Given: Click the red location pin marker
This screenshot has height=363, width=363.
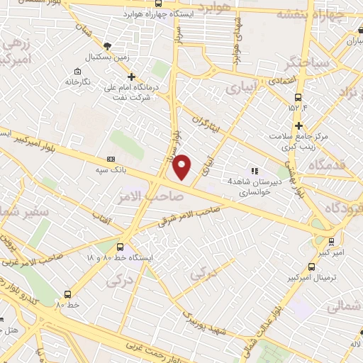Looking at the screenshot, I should coord(183,166).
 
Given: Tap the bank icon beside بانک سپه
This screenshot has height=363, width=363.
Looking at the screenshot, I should coord(111,160).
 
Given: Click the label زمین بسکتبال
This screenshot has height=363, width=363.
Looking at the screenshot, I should coord(106,56).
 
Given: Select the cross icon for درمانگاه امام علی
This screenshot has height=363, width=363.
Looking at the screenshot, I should coord(131,77).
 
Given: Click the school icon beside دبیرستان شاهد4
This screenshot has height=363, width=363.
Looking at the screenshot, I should coord(255,170).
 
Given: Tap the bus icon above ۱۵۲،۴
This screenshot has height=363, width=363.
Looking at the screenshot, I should coord(298,98).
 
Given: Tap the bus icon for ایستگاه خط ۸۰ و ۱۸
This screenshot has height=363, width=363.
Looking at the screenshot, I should coord(120,247).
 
